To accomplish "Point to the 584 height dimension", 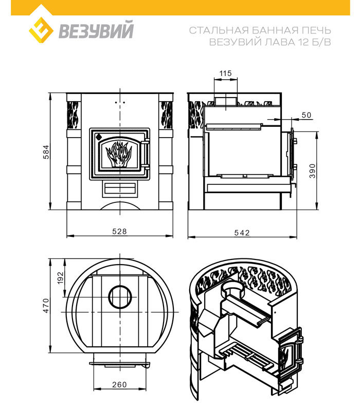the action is click(x=46, y=152).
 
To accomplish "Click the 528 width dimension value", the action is click(x=119, y=232).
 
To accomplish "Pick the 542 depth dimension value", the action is click(x=242, y=233).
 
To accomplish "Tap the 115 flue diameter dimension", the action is click(x=226, y=73).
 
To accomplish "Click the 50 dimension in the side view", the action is click(x=306, y=115).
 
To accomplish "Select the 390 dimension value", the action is click(x=312, y=171).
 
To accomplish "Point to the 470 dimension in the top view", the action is click(x=46, y=306).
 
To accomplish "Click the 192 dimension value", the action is click(x=61, y=278).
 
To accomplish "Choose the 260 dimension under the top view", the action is click(x=119, y=384).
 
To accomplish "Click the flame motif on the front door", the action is click(x=119, y=154).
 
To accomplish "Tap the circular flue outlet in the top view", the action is click(x=120, y=297).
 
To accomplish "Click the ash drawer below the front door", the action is click(x=120, y=189).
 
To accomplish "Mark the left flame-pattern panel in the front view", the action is click(x=73, y=115).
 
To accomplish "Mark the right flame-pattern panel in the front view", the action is click(x=167, y=115).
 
